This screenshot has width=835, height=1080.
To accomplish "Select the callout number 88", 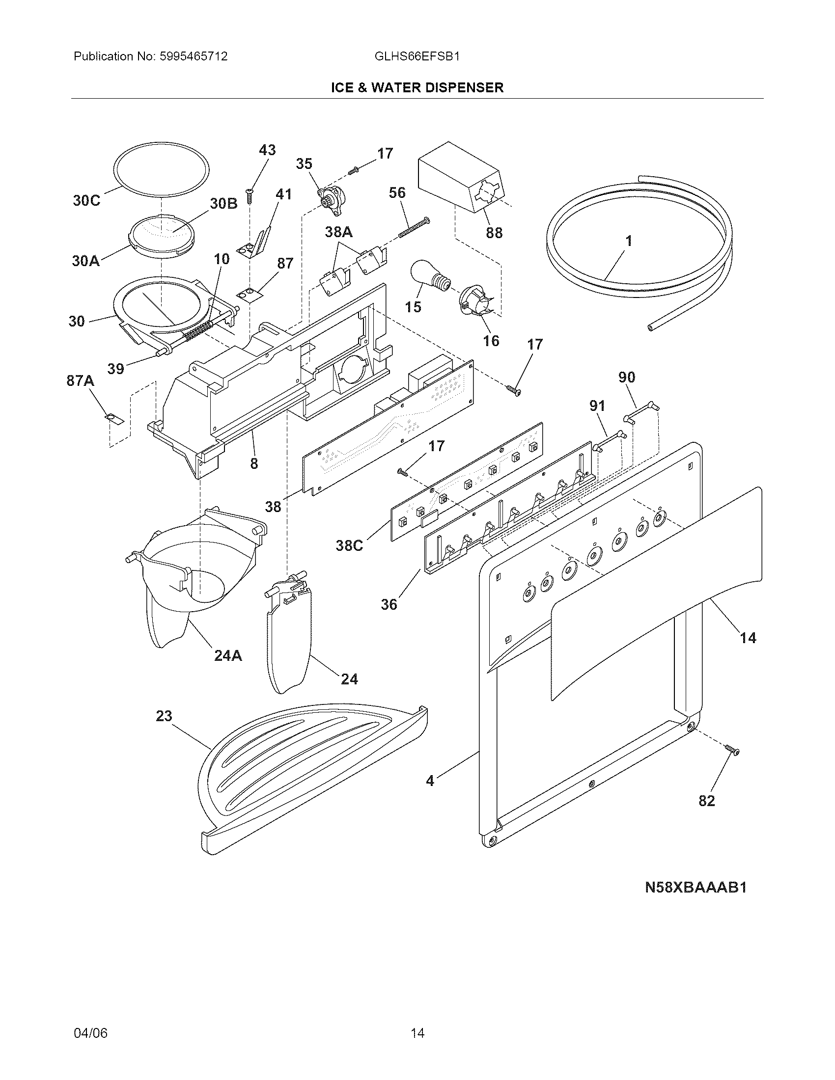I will coord(494,232).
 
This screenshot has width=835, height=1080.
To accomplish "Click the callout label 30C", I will coord(86,201).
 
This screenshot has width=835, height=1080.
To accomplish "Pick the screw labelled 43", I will coord(250,196).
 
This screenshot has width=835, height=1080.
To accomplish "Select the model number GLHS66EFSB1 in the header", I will coord(417,56).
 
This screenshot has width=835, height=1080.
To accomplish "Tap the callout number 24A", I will coord(228,656).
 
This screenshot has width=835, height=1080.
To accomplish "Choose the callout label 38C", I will coord(349,545).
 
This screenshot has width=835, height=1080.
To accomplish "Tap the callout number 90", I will coord(627,378).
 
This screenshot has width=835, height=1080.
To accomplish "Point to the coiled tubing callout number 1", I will coord(629,242).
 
